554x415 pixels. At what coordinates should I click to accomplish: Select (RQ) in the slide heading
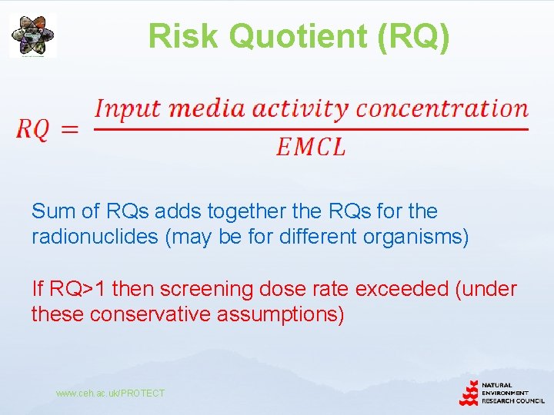coord(414,36)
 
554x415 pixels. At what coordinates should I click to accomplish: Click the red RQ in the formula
coord(33,129)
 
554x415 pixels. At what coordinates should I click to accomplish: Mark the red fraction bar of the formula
coord(311,128)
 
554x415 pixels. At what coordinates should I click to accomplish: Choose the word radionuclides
coord(95,237)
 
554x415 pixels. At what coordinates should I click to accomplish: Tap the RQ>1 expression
coord(79,289)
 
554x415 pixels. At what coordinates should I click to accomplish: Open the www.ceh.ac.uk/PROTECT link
coord(110,393)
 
